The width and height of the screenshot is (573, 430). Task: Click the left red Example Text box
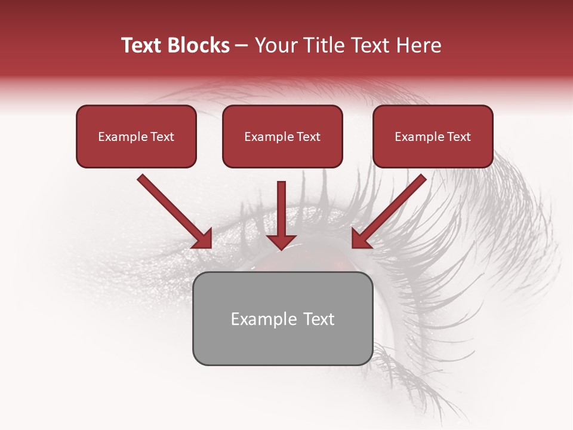136,136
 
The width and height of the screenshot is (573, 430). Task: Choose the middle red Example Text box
282,136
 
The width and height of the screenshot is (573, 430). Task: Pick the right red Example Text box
433,136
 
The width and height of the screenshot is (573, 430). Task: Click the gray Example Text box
282,318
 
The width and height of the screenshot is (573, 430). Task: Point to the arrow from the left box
173,210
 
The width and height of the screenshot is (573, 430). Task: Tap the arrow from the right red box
391,210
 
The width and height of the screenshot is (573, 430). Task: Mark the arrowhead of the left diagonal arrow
202,238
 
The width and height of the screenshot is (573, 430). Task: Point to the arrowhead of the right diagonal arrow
362,238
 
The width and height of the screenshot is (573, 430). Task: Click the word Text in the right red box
458,137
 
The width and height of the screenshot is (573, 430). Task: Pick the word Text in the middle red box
308,137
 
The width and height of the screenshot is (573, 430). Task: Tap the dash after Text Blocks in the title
242,45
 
